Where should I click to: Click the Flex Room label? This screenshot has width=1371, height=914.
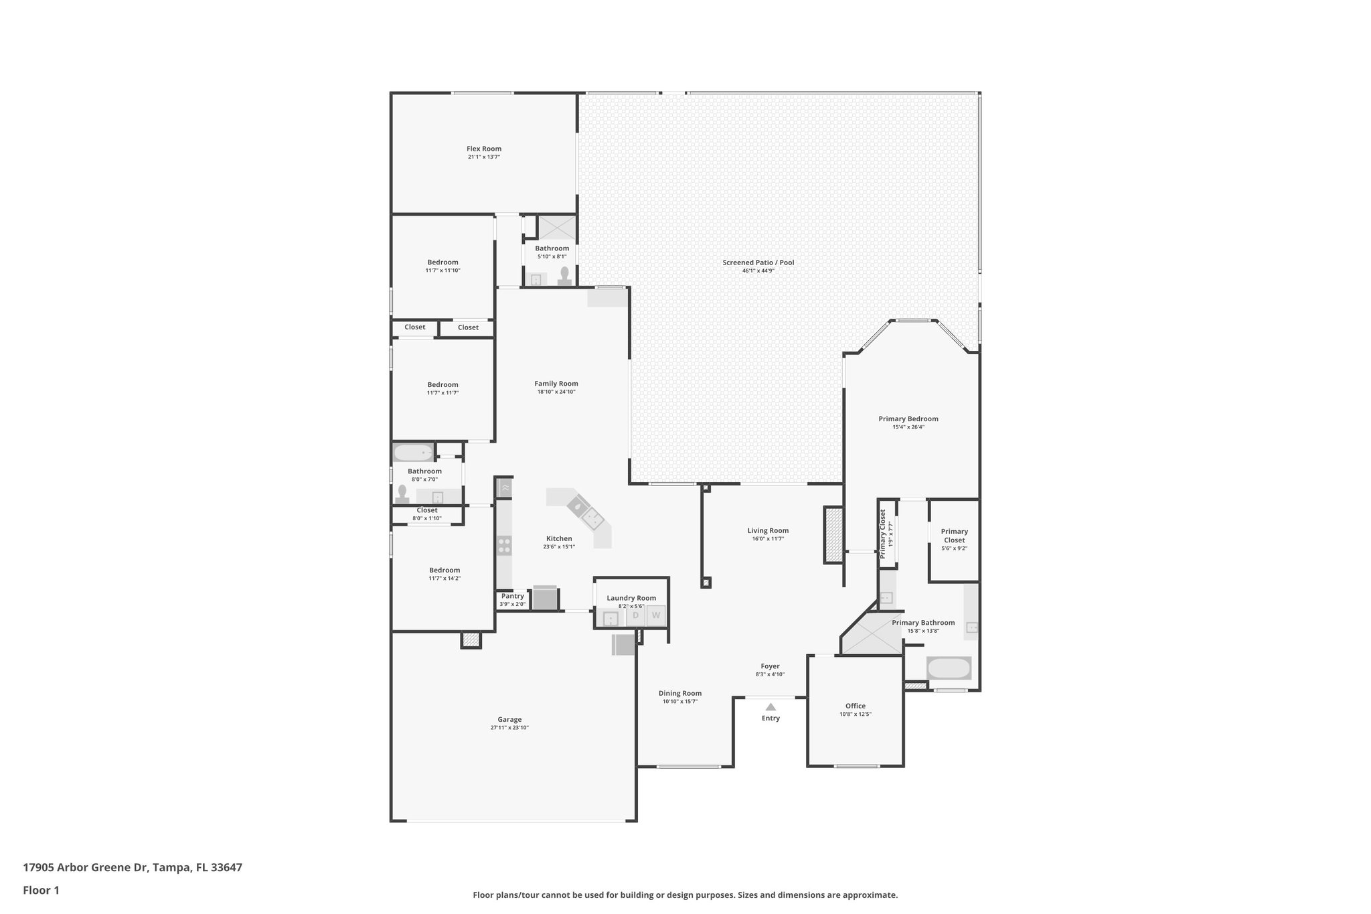point(483,149)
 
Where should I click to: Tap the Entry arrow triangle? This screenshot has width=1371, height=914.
point(771,706)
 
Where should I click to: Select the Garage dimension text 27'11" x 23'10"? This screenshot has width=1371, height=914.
point(509,728)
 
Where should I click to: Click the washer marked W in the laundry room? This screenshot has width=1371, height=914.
point(656,615)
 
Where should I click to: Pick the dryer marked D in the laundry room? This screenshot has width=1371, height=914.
point(636,615)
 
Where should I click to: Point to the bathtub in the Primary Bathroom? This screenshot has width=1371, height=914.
point(948,668)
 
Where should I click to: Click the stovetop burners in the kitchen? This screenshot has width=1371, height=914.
point(503,546)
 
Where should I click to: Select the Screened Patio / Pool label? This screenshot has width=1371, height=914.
point(758,262)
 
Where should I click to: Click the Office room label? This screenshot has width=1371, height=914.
point(855,706)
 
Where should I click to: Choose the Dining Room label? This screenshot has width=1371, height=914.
point(679,694)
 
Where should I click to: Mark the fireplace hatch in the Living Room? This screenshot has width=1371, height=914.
point(833,534)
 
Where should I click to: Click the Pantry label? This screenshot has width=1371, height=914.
point(512,596)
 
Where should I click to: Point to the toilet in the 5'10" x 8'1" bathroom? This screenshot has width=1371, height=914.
point(565,277)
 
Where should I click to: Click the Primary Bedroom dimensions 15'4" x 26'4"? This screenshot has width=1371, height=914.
point(908,427)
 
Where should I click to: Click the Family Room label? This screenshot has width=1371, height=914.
point(556,384)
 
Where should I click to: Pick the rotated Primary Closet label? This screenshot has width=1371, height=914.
point(883,534)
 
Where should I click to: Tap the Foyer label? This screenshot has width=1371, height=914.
point(770,666)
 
